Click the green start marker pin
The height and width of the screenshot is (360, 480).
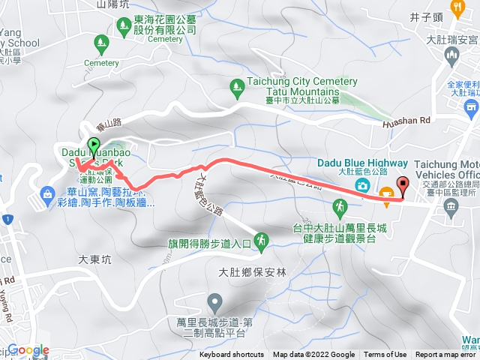click(x=94, y=146)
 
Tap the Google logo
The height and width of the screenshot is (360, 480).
click(x=28, y=350)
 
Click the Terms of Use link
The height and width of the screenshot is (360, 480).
click(x=385, y=355)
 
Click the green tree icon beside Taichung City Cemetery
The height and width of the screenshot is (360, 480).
click(x=236, y=87)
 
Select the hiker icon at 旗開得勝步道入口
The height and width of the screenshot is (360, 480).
click(x=261, y=241)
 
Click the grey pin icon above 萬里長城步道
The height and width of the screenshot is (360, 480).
click(x=215, y=303)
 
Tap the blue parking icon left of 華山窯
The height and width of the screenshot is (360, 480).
click(x=48, y=196)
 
